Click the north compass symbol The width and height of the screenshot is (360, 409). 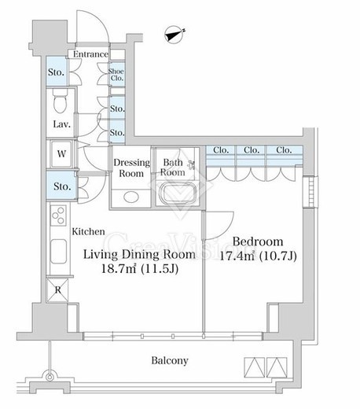coord(174,35)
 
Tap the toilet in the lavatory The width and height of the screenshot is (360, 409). coord(60,101)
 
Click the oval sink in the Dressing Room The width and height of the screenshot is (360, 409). coord(131,197)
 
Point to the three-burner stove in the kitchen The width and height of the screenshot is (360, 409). coord(58,216)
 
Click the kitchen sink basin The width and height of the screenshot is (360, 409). coord(58,251)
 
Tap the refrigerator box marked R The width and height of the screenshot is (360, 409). coord(57,290)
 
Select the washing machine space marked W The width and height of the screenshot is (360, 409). coord(61,154)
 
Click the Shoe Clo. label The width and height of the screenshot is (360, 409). coord(116,75)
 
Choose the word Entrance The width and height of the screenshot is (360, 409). coord(90,54)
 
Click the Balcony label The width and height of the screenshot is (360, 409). coord(170,361)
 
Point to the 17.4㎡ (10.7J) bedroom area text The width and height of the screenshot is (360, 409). coord(258,256)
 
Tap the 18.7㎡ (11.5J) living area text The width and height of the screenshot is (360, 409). coord(140,269)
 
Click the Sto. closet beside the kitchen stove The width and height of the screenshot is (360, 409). coord(62,186)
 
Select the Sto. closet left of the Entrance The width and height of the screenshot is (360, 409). coord(57,72)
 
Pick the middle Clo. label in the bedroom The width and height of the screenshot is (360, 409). coord(252,150)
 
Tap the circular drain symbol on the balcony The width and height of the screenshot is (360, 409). coord(50,378)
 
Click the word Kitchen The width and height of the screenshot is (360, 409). coord(88,231)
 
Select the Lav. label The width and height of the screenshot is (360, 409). coord(62,124)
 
